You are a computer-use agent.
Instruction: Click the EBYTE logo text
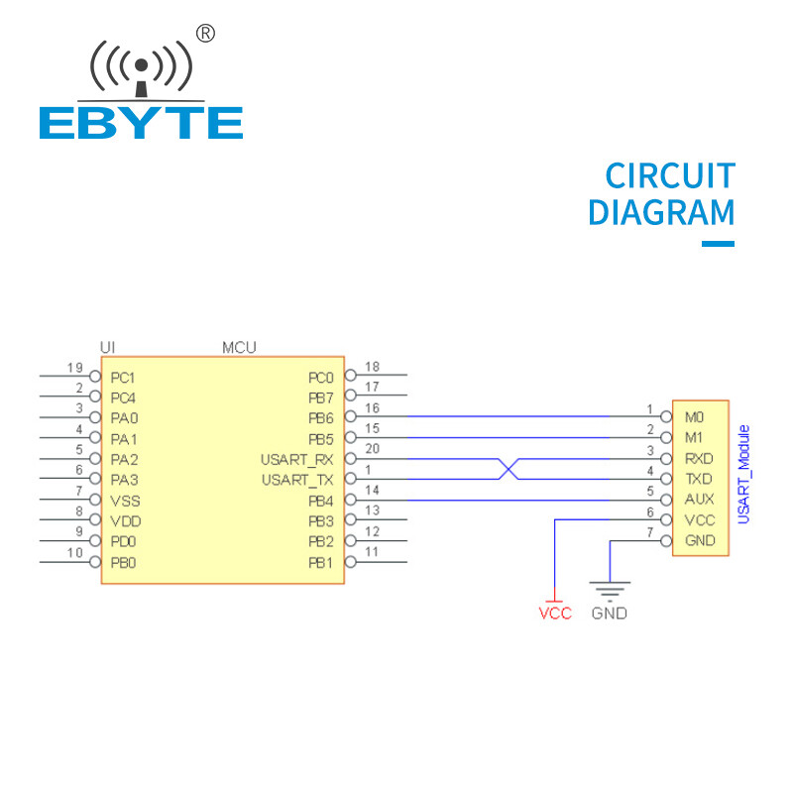pos(141,123)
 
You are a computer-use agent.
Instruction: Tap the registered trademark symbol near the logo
pos(205,34)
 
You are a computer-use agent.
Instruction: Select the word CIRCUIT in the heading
pos(670,176)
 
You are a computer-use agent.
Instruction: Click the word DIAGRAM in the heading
pos(661,213)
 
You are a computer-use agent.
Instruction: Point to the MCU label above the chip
pos(239,347)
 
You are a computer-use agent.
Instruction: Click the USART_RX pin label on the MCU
pos(297,459)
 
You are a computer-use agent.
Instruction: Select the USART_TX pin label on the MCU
pos(297,480)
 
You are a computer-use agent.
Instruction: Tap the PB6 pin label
pos(320,418)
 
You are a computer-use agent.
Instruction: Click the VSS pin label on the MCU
pos(123,501)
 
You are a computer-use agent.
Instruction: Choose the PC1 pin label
pos(123,378)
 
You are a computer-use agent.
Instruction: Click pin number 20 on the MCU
pos(373,449)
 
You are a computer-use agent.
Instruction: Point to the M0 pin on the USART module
pos(694,417)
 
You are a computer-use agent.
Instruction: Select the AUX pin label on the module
pos(699,500)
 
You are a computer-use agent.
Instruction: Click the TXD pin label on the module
pos(699,479)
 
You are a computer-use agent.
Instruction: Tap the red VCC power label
pos(555,614)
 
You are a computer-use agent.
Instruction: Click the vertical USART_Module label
pos(744,474)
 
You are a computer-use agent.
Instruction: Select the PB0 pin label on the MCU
pos(123,563)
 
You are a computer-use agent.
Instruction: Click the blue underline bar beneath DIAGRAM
pos(718,243)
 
